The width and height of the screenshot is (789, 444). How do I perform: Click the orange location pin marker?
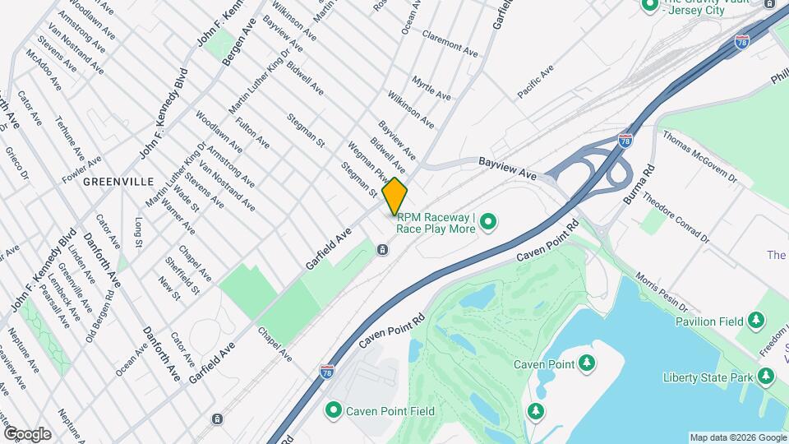(x=394, y=197)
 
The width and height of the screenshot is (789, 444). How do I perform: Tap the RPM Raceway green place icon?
(x=488, y=221)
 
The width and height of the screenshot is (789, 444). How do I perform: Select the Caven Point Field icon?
(x=334, y=409)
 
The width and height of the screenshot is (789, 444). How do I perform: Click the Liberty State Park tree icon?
(x=766, y=377)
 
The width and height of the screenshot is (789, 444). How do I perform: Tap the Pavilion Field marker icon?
(x=757, y=320)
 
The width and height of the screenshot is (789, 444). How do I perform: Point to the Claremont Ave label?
(x=450, y=43)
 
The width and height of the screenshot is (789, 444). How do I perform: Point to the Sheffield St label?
(x=182, y=275)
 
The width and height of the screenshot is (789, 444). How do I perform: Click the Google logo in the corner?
(x=27, y=434)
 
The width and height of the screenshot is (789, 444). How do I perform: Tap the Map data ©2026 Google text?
(x=737, y=437)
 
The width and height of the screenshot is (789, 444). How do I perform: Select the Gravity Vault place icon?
(x=649, y=4)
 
